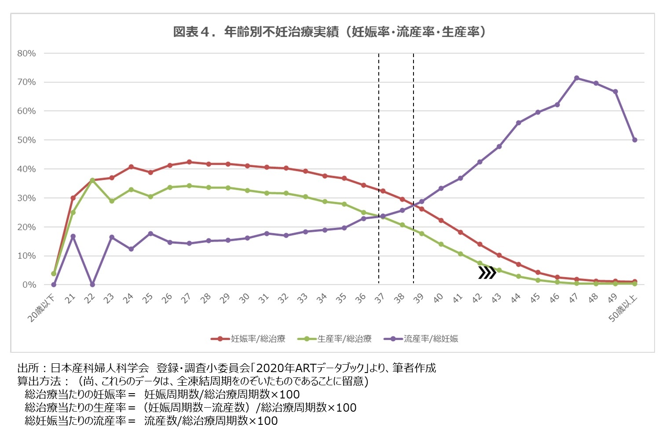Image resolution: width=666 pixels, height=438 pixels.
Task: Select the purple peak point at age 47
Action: pyautogui.click(x=576, y=78)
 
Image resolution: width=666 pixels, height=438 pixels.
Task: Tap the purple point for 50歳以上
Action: pyautogui.click(x=634, y=140)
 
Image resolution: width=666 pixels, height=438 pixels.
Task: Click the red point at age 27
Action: pyautogui.click(x=189, y=162)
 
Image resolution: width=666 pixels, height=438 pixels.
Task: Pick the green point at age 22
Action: pyautogui.click(x=92, y=181)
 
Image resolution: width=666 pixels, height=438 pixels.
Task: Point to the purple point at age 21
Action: pyautogui.click(x=73, y=236)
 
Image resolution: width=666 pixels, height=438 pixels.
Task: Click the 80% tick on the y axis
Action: pyautogui.click(x=26, y=53)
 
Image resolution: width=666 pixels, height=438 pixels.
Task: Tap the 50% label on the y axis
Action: pyautogui.click(x=26, y=140)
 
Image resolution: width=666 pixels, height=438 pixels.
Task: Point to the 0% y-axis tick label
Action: pyautogui.click(x=29, y=285)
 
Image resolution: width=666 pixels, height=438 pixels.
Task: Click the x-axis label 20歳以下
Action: pyautogui.click(x=42, y=308)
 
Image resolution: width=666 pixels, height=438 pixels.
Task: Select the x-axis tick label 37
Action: pyautogui.click(x=379, y=298)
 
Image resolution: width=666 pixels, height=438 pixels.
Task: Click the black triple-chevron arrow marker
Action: pyautogui.click(x=487, y=273)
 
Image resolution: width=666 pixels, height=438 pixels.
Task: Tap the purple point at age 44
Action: pyautogui.click(x=518, y=123)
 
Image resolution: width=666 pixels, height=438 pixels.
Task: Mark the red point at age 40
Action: pyautogui.click(x=441, y=221)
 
